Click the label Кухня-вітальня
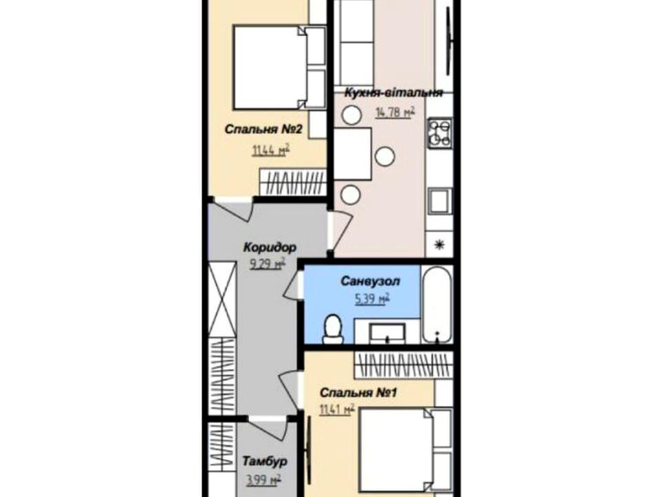(x=394, y=92)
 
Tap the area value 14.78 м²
(x=395, y=112)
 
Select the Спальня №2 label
(x=263, y=129)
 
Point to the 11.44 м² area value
(x=270, y=150)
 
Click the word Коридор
(x=270, y=247)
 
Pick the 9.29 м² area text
(x=268, y=264)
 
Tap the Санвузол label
(x=370, y=281)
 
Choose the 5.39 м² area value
(x=372, y=299)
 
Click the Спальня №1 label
(x=359, y=393)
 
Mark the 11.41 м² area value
(x=337, y=409)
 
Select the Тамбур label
(x=265, y=461)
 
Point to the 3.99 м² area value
(x=263, y=480)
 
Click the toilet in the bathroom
(x=334, y=329)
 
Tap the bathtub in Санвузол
(x=437, y=304)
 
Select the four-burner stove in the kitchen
(x=439, y=133)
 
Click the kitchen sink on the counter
(x=439, y=201)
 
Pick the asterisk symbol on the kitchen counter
(x=439, y=244)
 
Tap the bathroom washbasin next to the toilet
(x=387, y=333)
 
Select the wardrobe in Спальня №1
(x=403, y=364)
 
